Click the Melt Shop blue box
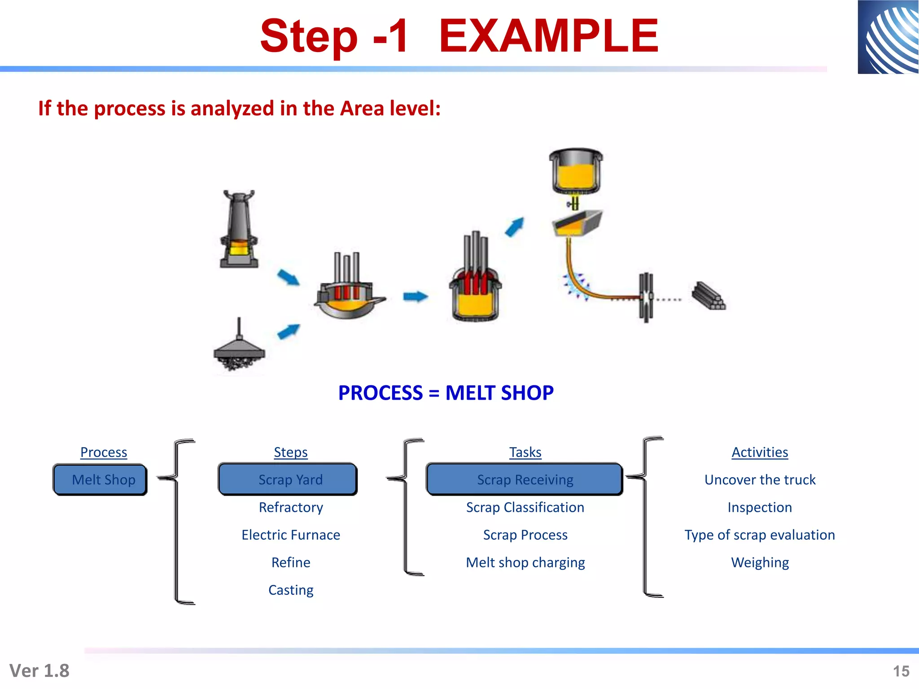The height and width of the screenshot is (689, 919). (100, 480)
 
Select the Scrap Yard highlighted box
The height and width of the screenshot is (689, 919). (288, 480)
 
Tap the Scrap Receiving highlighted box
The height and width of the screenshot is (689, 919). (525, 480)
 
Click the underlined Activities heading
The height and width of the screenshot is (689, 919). (760, 452)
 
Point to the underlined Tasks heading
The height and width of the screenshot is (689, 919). (525, 452)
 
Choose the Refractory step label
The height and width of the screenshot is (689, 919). (291, 507)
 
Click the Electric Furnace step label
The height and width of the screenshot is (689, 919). (291, 535)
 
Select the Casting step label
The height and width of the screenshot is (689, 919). (291, 590)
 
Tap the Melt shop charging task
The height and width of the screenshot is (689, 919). (525, 563)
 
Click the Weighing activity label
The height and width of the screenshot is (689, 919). (760, 563)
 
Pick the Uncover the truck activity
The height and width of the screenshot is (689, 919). (760, 480)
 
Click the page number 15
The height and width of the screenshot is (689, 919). (901, 671)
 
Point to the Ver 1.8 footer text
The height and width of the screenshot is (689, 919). (39, 671)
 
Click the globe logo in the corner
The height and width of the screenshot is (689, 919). (888, 37)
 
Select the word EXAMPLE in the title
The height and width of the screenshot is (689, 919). (548, 36)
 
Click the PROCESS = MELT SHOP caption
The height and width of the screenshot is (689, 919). (446, 393)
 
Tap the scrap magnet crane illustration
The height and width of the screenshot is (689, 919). (239, 348)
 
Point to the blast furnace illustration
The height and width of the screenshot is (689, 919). (239, 230)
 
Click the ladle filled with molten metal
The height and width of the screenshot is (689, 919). (576, 170)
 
